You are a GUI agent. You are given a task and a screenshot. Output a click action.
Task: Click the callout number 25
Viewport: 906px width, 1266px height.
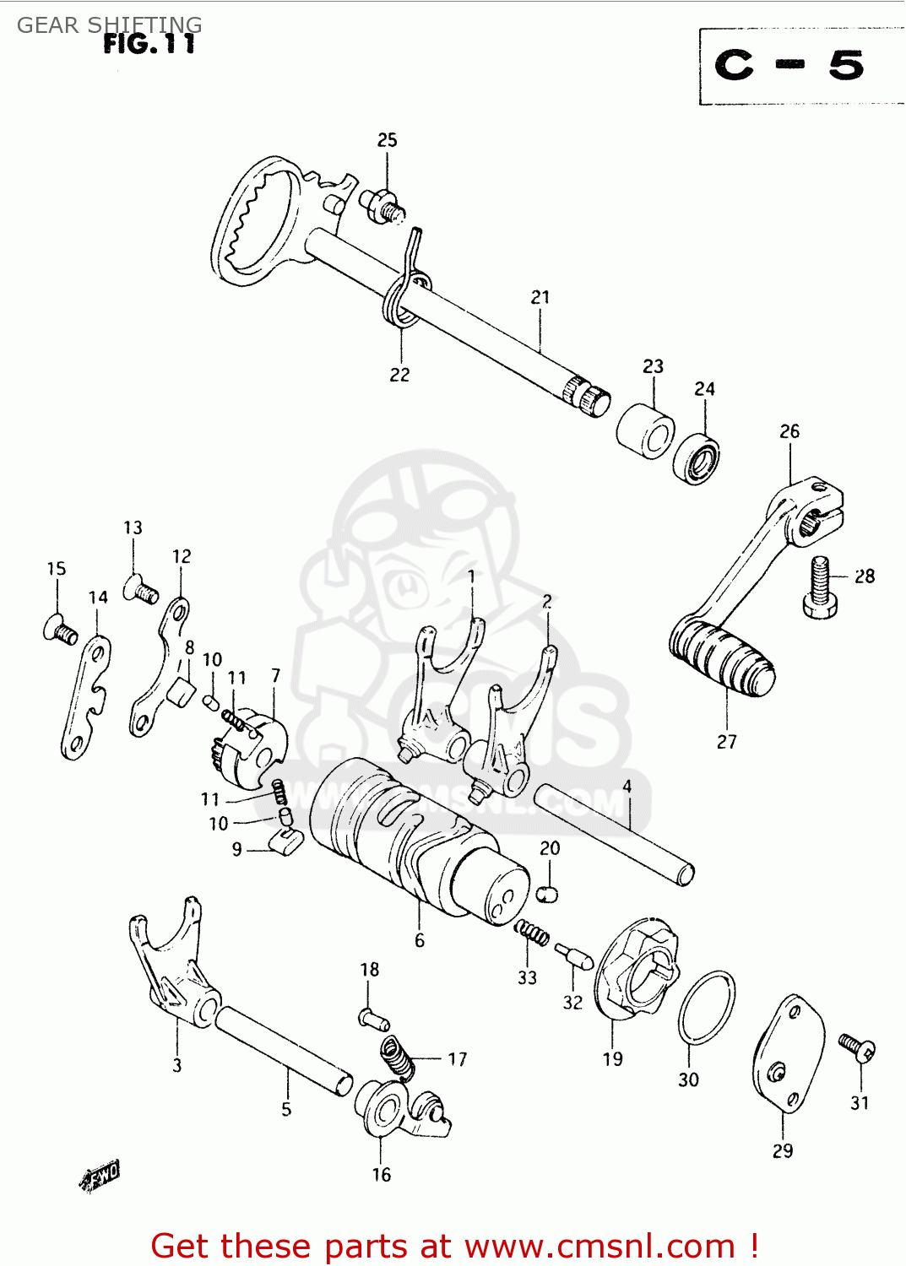(x=387, y=140)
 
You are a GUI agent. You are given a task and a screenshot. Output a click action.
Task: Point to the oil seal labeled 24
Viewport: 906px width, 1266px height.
(x=696, y=459)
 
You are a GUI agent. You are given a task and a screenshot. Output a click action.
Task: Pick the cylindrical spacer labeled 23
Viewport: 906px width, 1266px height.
(x=645, y=430)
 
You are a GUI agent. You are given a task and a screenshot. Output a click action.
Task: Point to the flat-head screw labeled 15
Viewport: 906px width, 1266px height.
(x=60, y=630)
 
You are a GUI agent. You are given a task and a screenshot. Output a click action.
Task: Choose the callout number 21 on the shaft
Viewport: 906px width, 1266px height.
(x=540, y=297)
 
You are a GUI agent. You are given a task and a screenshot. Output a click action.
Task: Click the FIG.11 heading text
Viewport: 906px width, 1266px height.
(x=149, y=44)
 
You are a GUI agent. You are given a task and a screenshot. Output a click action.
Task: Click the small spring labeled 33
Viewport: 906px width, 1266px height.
(x=532, y=933)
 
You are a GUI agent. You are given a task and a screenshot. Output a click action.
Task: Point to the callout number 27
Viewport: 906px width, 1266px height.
(x=726, y=742)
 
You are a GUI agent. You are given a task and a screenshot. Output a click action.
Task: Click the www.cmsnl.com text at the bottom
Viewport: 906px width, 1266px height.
(x=599, y=1247)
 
